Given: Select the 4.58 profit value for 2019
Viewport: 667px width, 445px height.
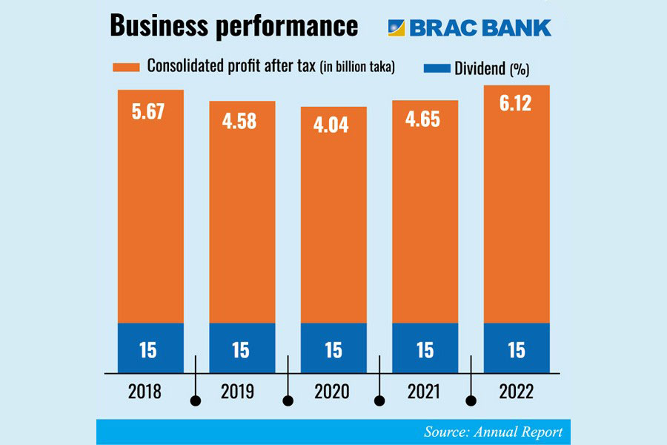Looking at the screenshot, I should [x=241, y=121].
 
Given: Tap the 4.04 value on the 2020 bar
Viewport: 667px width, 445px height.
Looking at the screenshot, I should [x=333, y=126].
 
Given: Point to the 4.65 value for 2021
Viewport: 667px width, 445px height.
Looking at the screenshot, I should [x=425, y=120].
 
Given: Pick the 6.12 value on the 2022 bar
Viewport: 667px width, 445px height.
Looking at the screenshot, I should [x=516, y=105].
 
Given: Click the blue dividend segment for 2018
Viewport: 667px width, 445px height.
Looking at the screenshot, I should [x=150, y=349].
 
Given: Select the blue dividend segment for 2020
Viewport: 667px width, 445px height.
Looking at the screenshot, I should [x=333, y=349].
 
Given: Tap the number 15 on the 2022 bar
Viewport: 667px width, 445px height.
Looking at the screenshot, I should [x=516, y=350].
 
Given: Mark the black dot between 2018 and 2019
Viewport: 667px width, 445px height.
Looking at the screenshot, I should [x=196, y=401].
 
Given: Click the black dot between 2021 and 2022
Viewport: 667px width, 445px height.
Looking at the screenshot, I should [x=471, y=401].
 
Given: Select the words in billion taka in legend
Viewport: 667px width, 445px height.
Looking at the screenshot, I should [x=358, y=68].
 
